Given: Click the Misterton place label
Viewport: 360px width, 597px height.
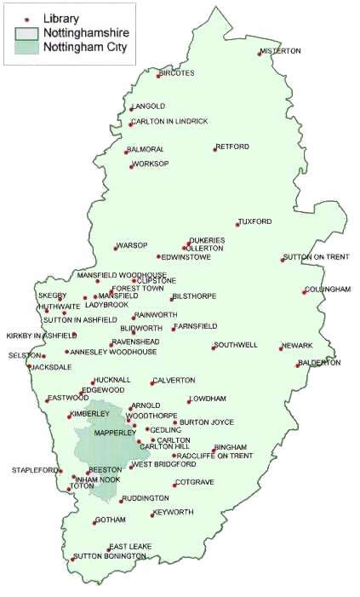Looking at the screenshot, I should pyautogui.click(x=283, y=51).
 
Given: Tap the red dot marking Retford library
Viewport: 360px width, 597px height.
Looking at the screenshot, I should pyautogui.click(x=214, y=150).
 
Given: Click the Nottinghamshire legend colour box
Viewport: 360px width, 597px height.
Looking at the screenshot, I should pyautogui.click(x=26, y=32).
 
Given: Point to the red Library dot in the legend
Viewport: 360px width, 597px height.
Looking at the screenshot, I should pyautogui.click(x=26, y=18).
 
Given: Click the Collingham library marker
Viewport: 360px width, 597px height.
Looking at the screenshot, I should pyautogui.click(x=304, y=292).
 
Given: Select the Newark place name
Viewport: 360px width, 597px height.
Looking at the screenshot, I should pyautogui.click(x=299, y=345).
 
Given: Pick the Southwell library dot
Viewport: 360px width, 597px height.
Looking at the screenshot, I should pyautogui.click(x=214, y=347).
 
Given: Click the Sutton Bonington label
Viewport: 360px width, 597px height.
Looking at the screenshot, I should pyautogui.click(x=106, y=556).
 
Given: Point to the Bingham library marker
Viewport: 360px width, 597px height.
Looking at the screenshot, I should pyautogui.click(x=213, y=451).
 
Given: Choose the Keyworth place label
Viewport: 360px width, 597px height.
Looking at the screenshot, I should pyautogui.click(x=174, y=513).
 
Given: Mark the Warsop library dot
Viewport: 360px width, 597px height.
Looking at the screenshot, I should pyautogui.click(x=115, y=249).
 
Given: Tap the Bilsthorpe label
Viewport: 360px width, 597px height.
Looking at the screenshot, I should pyautogui.click(x=195, y=296).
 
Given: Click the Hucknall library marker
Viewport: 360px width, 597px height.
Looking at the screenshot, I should pyautogui.click(x=93, y=382).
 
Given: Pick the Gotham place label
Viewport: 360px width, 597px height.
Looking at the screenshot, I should pyautogui.click(x=111, y=520).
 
